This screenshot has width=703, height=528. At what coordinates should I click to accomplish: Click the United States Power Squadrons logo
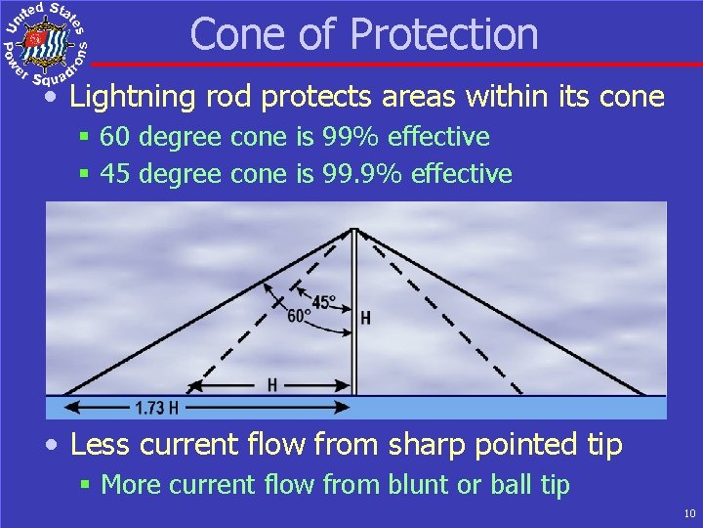(x=46, y=43)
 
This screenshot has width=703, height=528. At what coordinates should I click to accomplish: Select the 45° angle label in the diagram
(x=324, y=303)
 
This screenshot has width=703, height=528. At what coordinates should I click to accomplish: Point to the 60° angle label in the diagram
(x=299, y=316)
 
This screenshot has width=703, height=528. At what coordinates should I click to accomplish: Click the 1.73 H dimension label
(x=156, y=407)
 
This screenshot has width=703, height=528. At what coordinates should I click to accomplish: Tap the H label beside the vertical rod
(x=365, y=318)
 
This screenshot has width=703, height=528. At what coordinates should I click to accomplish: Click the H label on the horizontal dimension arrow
(x=272, y=385)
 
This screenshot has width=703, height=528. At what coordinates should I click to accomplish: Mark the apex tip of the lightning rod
(x=353, y=229)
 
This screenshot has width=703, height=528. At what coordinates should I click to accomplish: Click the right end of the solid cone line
(x=644, y=395)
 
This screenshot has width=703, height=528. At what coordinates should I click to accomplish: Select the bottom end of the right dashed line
(x=521, y=394)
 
